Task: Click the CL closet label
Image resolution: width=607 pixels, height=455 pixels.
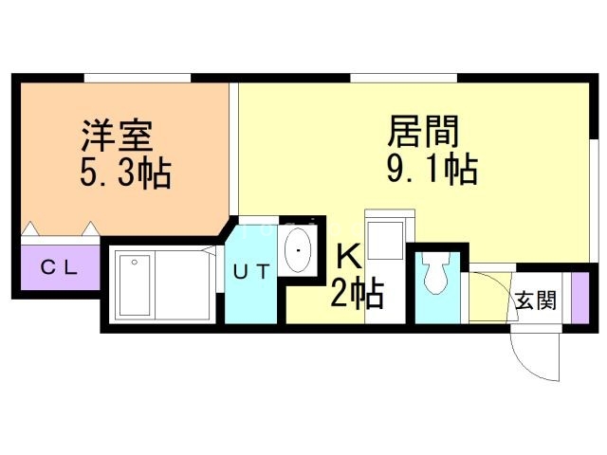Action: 58,267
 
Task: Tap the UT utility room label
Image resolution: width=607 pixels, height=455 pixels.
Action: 252,272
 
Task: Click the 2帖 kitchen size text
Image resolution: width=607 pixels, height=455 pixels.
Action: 357,295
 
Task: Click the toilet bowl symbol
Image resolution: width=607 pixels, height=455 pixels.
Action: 436,276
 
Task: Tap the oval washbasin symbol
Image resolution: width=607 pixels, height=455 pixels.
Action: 299,250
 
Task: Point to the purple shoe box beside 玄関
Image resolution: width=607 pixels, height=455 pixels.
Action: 579,296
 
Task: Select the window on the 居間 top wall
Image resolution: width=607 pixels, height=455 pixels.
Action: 403,77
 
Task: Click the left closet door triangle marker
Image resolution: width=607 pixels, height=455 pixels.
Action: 31,228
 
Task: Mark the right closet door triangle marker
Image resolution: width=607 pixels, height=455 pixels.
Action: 89,228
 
